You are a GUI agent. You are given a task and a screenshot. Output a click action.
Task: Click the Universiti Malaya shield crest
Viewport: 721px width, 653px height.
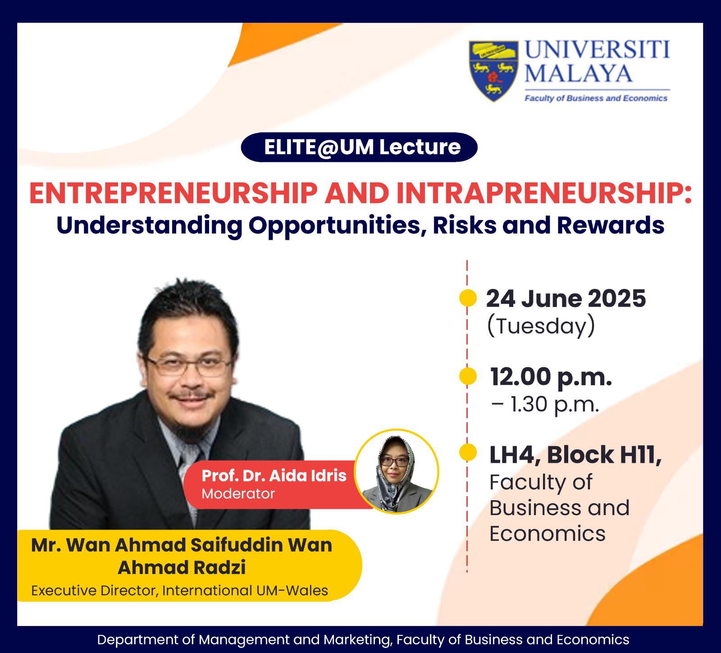point(493,71)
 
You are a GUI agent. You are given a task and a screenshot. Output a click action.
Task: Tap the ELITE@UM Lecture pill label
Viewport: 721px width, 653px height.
point(359,147)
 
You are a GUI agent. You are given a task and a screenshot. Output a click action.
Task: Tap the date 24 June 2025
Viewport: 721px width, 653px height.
point(566,298)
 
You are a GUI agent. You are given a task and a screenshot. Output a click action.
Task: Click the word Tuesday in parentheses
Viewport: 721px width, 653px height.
point(541,326)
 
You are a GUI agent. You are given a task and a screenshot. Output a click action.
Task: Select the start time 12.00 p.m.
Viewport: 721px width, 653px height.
point(551,377)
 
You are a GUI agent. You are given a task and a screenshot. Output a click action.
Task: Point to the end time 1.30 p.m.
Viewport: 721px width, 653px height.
point(555,405)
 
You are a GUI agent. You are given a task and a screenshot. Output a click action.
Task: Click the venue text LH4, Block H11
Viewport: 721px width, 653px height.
point(575,455)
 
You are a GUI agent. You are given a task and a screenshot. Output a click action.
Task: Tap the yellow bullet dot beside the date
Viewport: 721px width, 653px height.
point(468,298)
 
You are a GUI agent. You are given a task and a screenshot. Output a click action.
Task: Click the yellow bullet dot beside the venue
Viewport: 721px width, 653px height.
point(468,453)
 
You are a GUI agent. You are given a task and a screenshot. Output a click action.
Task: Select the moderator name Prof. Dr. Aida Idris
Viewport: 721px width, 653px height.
point(274,475)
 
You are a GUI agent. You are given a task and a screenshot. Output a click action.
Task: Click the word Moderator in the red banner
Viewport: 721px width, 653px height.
point(238,493)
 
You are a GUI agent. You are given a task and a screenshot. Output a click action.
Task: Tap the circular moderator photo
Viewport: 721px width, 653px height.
point(396,471)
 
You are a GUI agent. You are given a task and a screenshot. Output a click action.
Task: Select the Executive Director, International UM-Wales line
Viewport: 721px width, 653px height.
point(179,590)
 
